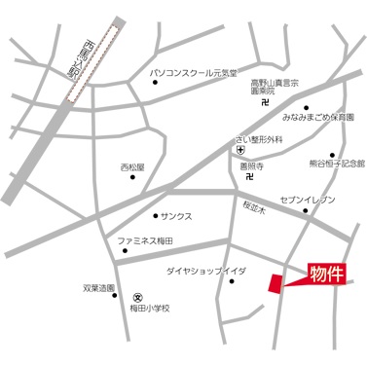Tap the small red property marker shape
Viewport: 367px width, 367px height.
click(x=276, y=281)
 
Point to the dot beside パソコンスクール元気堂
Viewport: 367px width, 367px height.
click(x=156, y=84)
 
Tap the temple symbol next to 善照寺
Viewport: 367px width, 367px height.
click(x=252, y=177)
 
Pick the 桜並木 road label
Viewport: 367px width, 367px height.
click(x=256, y=206)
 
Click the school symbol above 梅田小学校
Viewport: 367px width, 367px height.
click(x=138, y=297)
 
